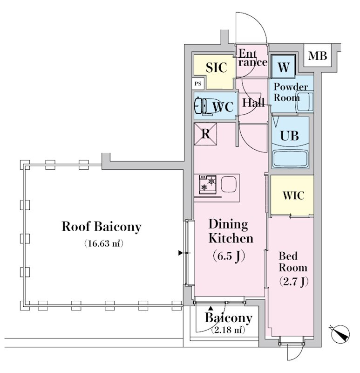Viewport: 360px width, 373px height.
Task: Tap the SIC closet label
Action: tap(217, 67)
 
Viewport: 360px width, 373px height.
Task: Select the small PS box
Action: tap(198, 84)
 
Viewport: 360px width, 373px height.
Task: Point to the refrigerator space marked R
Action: tap(205, 134)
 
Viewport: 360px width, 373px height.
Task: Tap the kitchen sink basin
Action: tap(229, 184)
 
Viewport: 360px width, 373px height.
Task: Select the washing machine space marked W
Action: tap(283, 68)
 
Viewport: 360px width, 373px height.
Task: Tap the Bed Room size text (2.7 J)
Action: tap(293, 282)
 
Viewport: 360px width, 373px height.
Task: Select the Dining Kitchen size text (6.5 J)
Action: tap(229, 256)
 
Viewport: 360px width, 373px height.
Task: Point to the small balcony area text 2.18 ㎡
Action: tap(228, 330)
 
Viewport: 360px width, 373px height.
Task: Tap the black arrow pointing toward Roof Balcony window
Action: tap(181, 253)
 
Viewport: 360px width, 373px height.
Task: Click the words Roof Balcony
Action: tap(102, 227)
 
